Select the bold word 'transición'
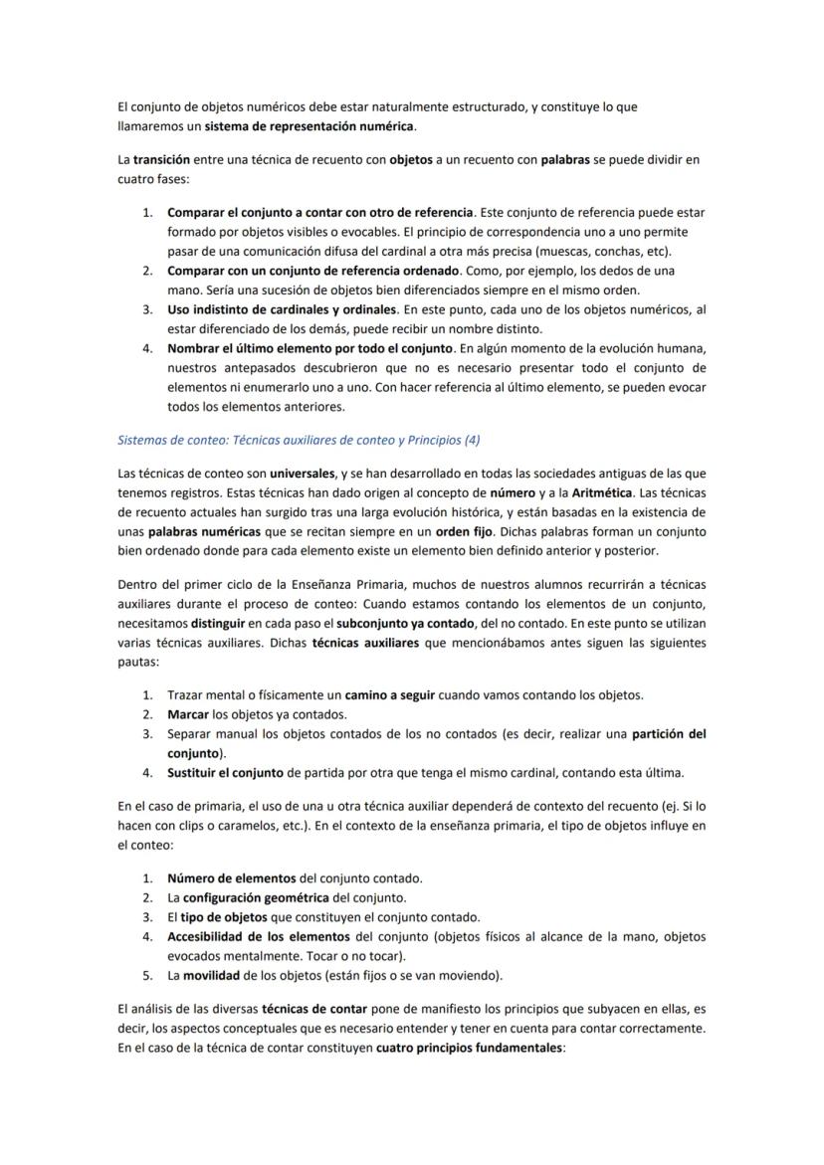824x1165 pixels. [x=161, y=159]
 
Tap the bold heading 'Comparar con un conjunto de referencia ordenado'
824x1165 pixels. [x=312, y=271]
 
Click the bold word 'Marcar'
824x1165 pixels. [x=188, y=714]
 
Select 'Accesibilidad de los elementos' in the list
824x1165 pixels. [x=258, y=936]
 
